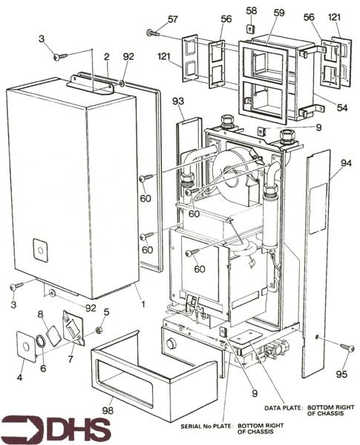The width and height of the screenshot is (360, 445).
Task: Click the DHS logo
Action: tap(56, 429)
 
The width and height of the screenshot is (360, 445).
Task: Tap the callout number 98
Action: tap(108, 410)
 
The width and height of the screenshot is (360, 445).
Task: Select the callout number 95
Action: tap(341, 374)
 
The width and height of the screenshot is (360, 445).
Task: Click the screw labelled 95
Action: tap(347, 347)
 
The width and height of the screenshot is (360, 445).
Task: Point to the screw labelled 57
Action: tap(154, 33)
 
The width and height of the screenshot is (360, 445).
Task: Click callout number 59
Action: tap(279, 13)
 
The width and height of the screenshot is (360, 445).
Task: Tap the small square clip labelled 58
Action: tap(251, 28)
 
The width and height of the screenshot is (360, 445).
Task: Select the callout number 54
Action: tap(342, 108)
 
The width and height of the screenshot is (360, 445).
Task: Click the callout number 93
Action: tap(178, 101)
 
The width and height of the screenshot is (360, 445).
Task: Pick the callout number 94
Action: tap(346, 163)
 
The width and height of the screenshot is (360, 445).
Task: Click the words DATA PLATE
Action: tap(282, 408)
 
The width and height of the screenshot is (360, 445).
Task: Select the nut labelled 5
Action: tap(99, 330)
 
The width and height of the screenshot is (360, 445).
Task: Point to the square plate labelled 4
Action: tap(26, 347)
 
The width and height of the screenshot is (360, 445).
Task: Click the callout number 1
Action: tap(143, 304)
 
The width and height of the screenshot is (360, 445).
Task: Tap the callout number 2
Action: tap(107, 57)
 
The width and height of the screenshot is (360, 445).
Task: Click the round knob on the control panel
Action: tap(171, 344)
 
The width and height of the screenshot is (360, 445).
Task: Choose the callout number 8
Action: tap(41, 314)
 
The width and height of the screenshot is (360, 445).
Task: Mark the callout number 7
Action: tap(71, 359)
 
